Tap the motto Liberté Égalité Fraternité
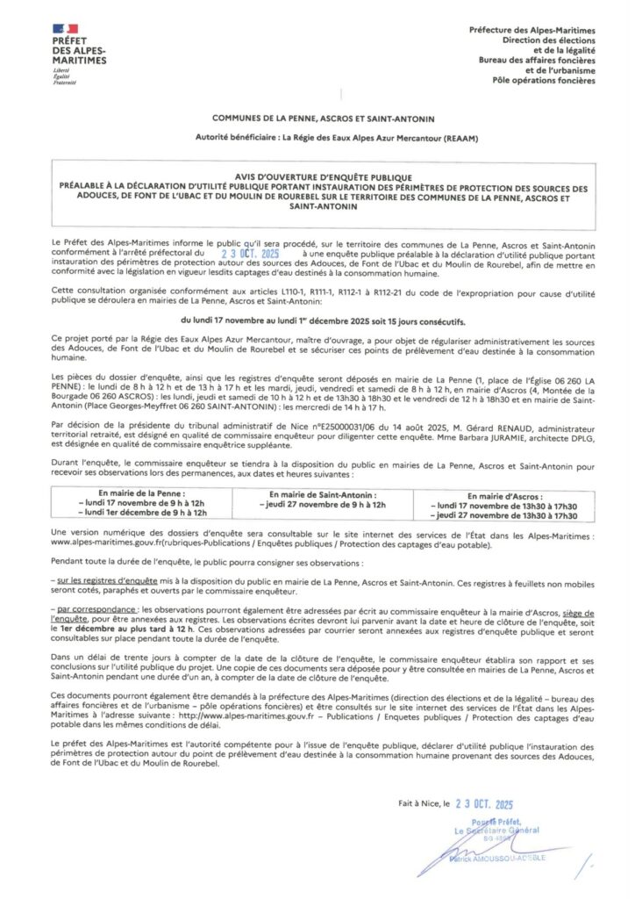64,76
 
